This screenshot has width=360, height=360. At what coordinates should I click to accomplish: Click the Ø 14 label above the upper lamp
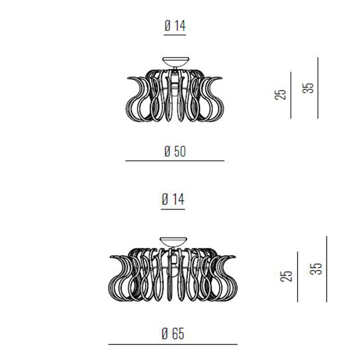175,26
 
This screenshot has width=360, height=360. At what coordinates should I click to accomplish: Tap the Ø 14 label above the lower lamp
173,199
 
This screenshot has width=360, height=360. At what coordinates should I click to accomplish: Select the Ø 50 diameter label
175,151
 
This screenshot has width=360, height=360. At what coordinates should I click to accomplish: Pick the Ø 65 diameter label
173,334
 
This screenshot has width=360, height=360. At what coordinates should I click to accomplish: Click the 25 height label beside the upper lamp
281,94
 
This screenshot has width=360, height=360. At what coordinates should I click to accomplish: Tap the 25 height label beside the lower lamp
286,276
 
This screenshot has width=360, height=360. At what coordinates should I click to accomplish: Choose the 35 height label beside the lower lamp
316,269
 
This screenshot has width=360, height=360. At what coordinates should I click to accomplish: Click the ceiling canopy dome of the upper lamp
176,61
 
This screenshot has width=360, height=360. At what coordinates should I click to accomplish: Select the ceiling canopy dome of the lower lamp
173,242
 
